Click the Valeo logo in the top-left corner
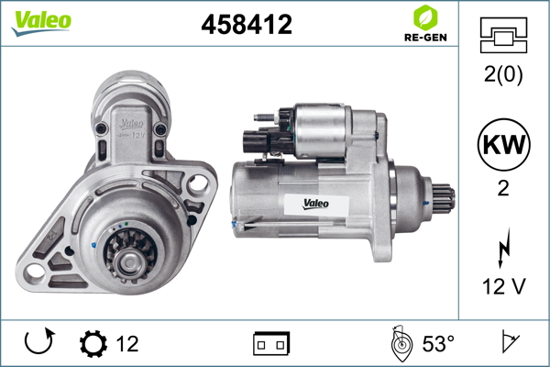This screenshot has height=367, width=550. [41, 23]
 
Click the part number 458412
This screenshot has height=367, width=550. [247, 24]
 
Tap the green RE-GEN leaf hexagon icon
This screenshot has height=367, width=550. [425, 17]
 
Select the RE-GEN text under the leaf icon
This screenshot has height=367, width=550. [425, 38]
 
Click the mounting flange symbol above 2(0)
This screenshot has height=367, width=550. [503, 35]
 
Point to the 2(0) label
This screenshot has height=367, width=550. [503, 74]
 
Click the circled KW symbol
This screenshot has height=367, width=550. [503, 144]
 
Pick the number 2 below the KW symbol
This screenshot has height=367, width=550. [503, 189]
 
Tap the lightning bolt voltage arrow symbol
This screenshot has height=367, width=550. [504, 248]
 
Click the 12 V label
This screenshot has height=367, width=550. [503, 286]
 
